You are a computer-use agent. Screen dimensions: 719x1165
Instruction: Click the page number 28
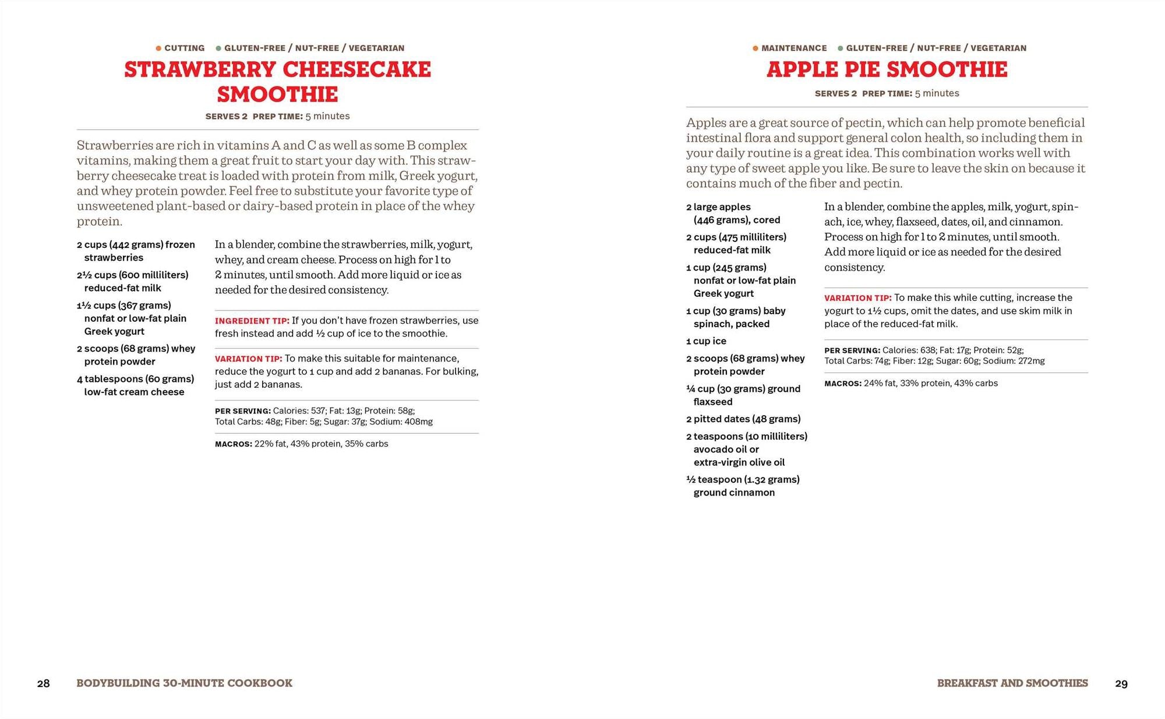44,683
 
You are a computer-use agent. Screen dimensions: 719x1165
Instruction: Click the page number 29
1121,683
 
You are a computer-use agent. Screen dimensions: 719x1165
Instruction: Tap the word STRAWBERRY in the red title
200,70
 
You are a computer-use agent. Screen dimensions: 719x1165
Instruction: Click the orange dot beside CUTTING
158,48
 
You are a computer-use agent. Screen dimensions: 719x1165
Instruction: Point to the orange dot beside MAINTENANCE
756,48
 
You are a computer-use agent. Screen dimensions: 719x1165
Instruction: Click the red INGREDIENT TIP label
252,321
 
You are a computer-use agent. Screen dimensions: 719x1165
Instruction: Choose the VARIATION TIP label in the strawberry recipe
248,359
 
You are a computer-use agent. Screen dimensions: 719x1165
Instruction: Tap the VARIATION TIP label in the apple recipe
857,298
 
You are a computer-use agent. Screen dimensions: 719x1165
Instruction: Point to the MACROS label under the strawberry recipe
233,444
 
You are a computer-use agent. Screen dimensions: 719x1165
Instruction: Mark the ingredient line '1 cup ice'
706,341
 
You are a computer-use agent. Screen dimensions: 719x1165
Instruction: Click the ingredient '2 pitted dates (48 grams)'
743,419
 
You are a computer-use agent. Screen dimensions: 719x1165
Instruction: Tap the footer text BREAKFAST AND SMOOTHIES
1012,683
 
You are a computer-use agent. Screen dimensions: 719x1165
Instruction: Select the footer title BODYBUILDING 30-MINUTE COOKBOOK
184,683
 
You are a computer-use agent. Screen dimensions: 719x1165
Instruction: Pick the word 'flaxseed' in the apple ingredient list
713,402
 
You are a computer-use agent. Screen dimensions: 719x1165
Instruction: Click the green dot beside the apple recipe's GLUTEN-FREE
840,48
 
